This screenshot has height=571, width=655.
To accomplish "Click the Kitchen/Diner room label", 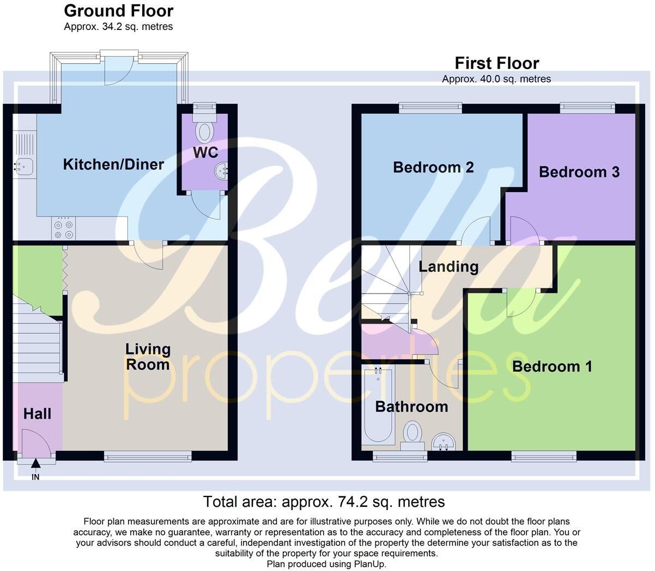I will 113,164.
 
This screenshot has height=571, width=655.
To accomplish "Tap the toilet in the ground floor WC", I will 205,131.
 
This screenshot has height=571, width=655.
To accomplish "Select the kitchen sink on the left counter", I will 22,165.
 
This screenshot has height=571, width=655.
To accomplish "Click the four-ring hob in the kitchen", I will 63,229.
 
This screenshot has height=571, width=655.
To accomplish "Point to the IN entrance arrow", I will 35,464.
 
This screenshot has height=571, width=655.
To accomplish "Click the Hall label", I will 37,414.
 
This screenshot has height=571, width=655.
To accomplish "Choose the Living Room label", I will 148,357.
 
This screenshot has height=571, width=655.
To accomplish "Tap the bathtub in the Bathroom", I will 378,406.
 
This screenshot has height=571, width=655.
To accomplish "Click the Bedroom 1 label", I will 551,366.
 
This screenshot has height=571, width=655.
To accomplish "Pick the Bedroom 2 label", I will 433,167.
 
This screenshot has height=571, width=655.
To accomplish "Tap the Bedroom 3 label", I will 579,172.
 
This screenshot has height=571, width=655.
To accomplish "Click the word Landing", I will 448,267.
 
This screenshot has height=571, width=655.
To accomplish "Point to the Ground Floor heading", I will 118,11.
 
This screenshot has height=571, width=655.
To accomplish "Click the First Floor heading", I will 496,63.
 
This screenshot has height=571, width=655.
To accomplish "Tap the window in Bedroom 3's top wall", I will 587,108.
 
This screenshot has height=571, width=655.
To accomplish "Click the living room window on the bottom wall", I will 148,457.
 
